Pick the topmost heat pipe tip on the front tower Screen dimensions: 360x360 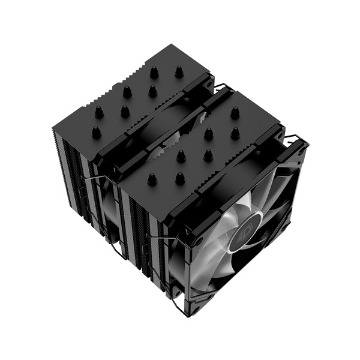pos(235,111)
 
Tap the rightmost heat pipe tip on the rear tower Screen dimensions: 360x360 pos(179,71)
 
